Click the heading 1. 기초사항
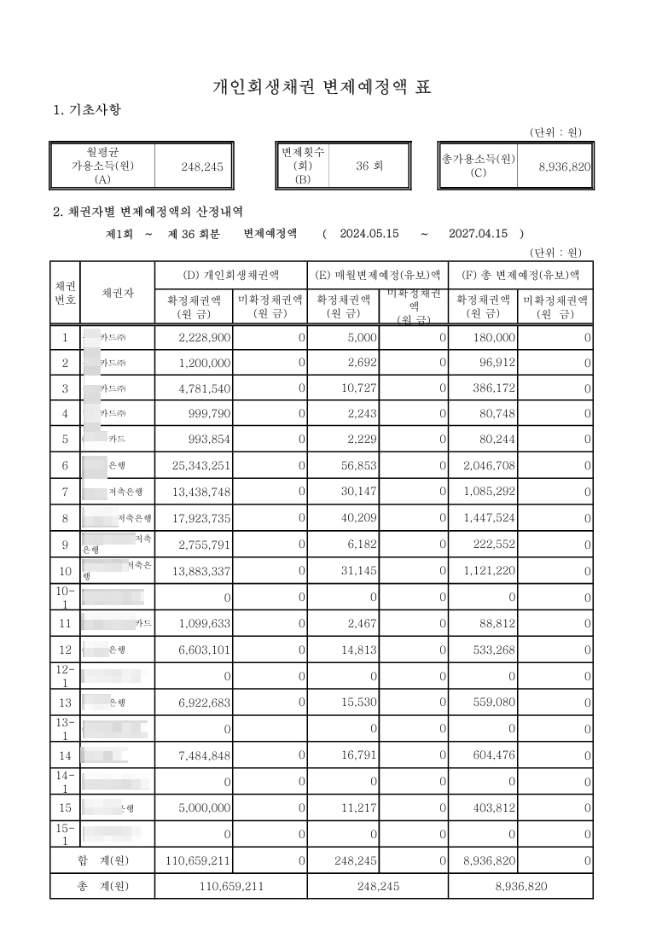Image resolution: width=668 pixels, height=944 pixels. (x=87, y=110)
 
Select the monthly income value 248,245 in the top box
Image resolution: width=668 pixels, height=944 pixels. (x=202, y=167)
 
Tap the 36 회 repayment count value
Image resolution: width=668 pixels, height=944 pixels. (x=369, y=166)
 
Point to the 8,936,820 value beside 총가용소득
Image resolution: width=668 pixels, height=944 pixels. (x=565, y=167)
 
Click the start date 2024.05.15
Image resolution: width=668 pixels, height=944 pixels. (x=370, y=233)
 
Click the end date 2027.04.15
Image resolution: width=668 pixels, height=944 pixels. (x=479, y=233)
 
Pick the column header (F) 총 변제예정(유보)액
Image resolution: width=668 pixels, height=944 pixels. (x=520, y=275)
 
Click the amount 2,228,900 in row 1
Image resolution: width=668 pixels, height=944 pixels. (x=205, y=338)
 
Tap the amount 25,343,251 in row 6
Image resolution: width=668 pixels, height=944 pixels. (x=201, y=465)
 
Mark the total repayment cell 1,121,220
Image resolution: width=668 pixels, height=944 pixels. (x=485, y=569)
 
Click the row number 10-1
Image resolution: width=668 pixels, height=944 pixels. (x=65, y=597)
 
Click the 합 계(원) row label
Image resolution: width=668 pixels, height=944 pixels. (x=102, y=860)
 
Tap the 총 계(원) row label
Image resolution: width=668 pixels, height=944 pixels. (x=102, y=886)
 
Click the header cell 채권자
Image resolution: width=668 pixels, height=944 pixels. (x=117, y=293)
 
